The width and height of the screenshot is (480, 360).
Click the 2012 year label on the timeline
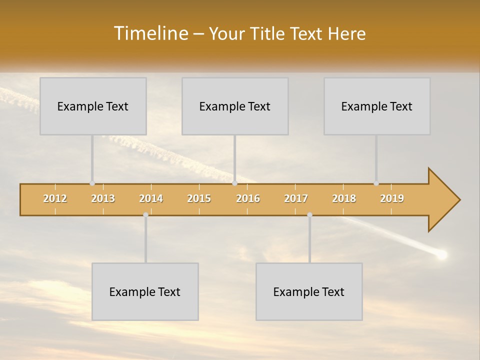55,198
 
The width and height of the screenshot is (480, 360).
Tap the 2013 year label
103,198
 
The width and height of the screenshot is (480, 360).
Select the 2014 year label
151,198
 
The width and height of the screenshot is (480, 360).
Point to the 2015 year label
199,198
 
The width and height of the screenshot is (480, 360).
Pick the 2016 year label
248,198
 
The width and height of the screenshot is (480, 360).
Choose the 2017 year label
296,198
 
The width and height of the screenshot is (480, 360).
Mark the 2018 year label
344,198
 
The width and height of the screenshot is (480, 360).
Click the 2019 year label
392,198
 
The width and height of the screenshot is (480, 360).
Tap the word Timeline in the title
150,33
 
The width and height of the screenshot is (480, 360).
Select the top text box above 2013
93,106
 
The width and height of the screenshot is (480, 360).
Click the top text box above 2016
235,106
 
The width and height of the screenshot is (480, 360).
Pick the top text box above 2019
377,106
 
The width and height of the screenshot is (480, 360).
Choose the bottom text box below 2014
145,291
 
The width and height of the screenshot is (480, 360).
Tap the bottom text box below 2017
309,291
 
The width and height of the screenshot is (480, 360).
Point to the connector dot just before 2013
92,183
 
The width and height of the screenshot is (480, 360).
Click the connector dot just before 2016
234,183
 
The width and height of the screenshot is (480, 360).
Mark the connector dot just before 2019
376,183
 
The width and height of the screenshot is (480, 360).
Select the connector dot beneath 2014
145,214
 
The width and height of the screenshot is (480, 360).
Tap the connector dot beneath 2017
309,214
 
